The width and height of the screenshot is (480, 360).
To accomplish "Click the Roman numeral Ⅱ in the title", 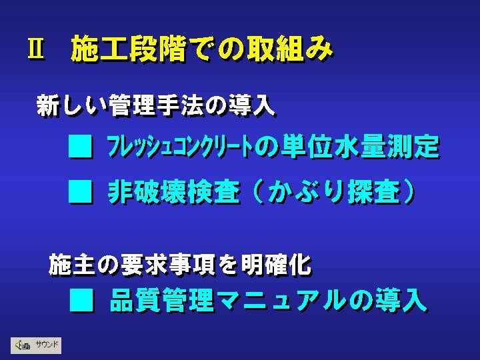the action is pyautogui.click(x=35, y=49).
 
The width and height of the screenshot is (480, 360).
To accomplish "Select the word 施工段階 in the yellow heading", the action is pyautogui.click(x=128, y=49).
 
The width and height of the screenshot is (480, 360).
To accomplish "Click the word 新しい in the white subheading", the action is pyautogui.click(x=72, y=105).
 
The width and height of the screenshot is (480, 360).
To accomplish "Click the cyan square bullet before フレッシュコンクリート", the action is pyautogui.click(x=80, y=146).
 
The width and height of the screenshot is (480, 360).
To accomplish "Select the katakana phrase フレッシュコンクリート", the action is pyautogui.click(x=180, y=147).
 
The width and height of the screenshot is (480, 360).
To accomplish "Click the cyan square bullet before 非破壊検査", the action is pyautogui.click(x=80, y=191).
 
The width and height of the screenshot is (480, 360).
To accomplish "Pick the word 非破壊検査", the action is pyautogui.click(x=174, y=192).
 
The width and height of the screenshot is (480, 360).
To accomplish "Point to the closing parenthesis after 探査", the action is pyautogui.click(x=409, y=192).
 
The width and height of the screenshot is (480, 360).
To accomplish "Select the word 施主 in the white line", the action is pyautogui.click(x=72, y=265).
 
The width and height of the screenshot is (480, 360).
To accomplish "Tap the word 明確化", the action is pyautogui.click(x=277, y=265).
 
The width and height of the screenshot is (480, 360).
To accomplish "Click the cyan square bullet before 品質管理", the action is pyautogui.click(x=81, y=300).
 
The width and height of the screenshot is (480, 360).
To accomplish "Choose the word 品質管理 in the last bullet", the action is pyautogui.click(x=162, y=300).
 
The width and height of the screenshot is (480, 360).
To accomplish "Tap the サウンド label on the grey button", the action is pyautogui.click(x=47, y=345).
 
